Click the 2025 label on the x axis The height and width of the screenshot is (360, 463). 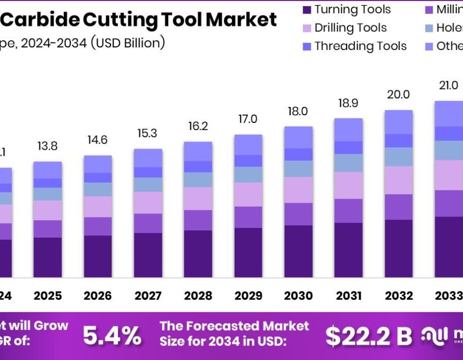pyautogui.click(x=48, y=296)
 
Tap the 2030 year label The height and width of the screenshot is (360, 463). pyautogui.click(x=298, y=296)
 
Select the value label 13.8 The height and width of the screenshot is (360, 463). pyautogui.click(x=48, y=146)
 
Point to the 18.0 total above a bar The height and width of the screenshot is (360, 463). pyautogui.click(x=298, y=111)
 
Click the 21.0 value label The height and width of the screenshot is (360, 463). pyautogui.click(x=448, y=85)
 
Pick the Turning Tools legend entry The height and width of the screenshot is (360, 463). pyautogui.click(x=352, y=9)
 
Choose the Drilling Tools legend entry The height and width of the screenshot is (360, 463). pyautogui.click(x=350, y=28)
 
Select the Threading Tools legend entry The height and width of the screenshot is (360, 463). pyautogui.click(x=360, y=46)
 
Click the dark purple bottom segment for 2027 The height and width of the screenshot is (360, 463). pyautogui.click(x=148, y=256)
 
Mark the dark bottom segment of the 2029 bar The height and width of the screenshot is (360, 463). pyautogui.click(x=248, y=253)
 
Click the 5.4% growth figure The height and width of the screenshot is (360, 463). pyautogui.click(x=112, y=336)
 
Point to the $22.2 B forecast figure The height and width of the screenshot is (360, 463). pyautogui.click(x=369, y=336)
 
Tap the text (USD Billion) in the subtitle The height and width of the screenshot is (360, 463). pyautogui.click(x=128, y=42)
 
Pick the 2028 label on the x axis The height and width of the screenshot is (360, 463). pyautogui.click(x=198, y=296)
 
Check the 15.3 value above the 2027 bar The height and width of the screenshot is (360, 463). pyautogui.click(x=148, y=133)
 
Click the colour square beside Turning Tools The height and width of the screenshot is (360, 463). pyautogui.click(x=307, y=10)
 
